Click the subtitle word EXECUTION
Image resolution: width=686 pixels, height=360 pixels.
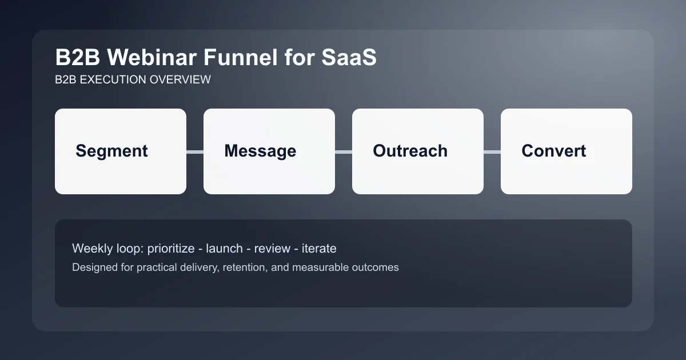(113, 79)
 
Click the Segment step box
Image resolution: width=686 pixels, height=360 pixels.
(121, 151)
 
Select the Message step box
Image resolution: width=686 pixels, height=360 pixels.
(269, 151)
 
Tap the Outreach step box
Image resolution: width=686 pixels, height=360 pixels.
(418, 151)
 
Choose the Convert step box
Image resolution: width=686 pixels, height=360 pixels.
(567, 151)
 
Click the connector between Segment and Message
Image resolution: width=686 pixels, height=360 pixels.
(195, 151)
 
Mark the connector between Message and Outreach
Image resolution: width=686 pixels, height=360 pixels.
(344, 151)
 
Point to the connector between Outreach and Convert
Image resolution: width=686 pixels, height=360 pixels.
(492, 151)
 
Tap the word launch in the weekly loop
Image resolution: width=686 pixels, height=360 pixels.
(224, 249)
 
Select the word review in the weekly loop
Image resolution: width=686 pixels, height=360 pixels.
(272, 249)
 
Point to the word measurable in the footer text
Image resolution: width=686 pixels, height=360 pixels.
(320, 267)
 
